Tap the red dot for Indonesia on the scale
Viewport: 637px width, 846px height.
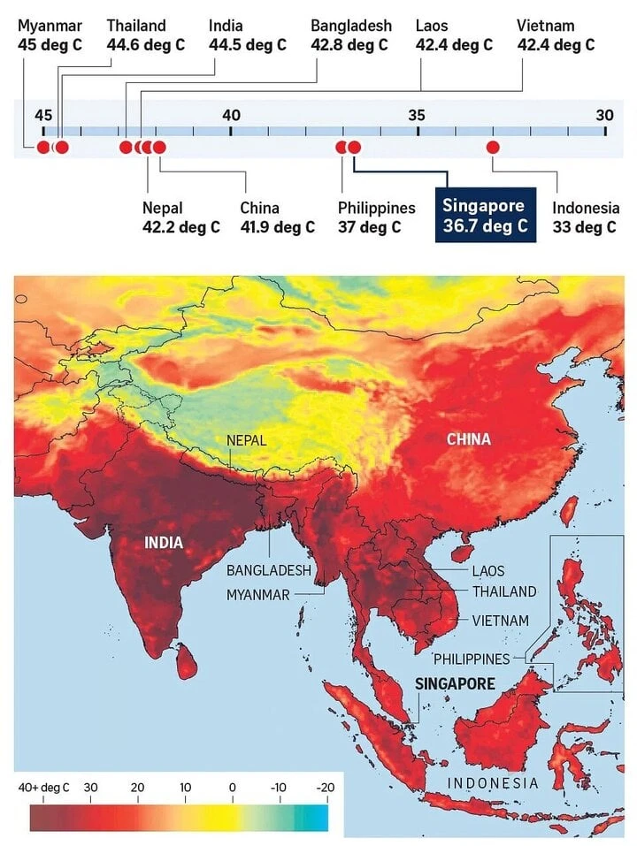point(493,147)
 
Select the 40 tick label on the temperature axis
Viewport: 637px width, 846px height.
point(231,114)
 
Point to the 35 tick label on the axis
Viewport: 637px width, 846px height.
point(417,114)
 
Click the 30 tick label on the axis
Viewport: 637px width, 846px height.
point(604,114)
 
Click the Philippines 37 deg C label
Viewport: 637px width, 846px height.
point(376,217)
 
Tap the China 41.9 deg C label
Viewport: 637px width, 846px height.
point(277,217)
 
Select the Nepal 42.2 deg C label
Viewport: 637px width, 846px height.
point(180,217)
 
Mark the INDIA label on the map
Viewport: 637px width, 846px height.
point(164,542)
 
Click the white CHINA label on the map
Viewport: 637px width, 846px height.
point(468,439)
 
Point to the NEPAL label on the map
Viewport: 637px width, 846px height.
point(246,440)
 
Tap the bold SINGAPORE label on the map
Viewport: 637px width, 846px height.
point(455,683)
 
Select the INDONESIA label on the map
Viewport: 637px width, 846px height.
point(493,783)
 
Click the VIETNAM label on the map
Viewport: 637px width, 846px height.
point(501,621)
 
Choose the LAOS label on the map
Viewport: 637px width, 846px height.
point(489,572)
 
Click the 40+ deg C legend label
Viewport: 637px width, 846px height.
point(44,787)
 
